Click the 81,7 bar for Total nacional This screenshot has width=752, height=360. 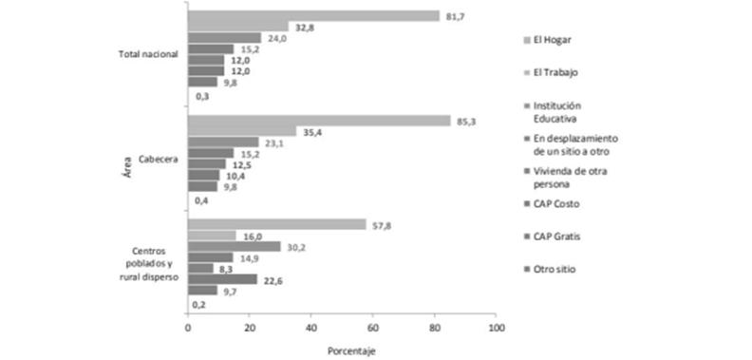point(313,16)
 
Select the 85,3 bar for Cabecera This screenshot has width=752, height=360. point(319,121)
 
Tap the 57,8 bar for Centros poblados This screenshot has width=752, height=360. point(276,225)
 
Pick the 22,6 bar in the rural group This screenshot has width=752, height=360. point(222,279)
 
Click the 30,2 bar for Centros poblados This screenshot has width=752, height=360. point(234,246)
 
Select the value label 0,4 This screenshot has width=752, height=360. point(201,201)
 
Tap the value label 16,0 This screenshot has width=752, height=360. point(254,236)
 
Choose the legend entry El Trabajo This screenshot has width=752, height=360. point(556,72)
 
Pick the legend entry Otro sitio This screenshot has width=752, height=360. point(555,270)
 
